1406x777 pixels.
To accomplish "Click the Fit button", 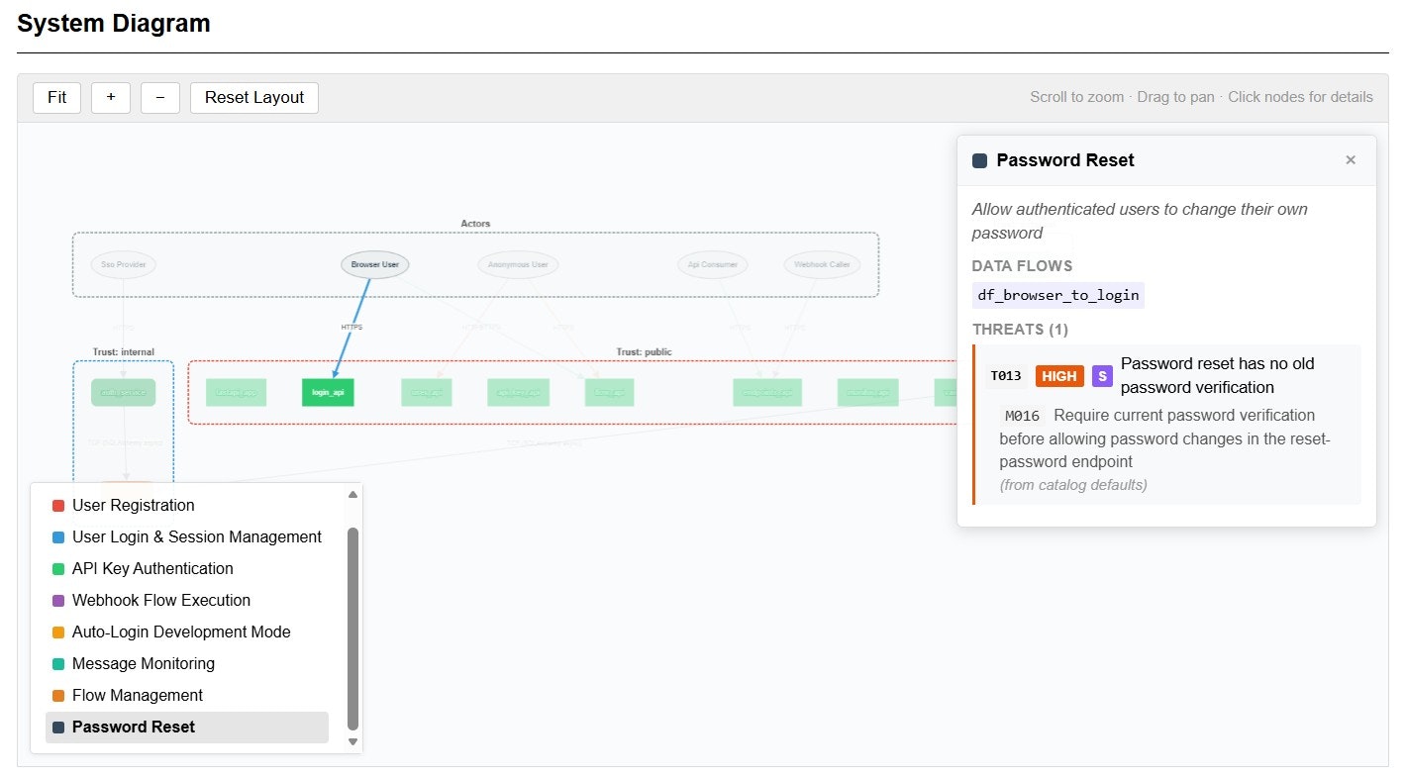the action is coord(56,97).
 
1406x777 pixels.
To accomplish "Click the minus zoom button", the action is coord(159,97).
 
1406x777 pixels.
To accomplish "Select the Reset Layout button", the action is coord(254,97).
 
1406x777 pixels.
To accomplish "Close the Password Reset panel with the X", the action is coord(1350,160).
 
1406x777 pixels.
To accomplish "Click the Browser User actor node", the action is coord(375,264).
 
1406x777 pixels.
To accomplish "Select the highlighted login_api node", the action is coord(328,392).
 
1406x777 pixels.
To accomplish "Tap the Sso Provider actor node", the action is coord(123,264).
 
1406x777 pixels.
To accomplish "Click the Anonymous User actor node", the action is coord(518,264).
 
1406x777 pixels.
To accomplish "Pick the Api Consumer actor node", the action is coord(713,264).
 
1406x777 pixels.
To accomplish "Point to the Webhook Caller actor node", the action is coord(822,264).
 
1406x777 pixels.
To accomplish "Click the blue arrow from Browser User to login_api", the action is coord(352,327).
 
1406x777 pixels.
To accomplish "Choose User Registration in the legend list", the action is coord(133,505).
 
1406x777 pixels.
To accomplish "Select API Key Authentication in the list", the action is coord(152,568).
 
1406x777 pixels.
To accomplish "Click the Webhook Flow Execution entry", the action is coord(160,600).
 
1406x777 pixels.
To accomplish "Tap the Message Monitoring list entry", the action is coord(143,663).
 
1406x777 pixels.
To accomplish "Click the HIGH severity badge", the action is coord(1059,376).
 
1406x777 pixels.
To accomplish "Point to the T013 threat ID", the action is coord(1006,376).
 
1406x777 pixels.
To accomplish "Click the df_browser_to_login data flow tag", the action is coord(1057,295).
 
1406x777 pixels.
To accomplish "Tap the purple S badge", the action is coord(1102,376).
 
